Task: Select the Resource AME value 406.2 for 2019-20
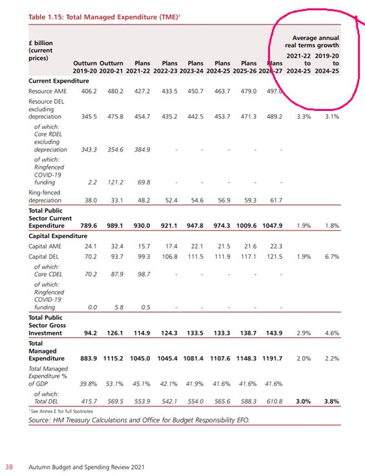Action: coord(89,91)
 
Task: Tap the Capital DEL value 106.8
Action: coord(169,257)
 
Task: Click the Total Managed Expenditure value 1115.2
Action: coord(113,358)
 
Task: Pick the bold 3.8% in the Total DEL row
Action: coord(331,401)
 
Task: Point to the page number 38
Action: coord(9,467)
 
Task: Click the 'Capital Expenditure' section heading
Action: coord(57,236)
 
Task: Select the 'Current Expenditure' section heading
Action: coord(59,81)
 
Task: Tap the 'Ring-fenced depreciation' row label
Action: coord(45,197)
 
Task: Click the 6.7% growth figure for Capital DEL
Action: coord(332,257)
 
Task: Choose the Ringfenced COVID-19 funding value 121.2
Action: coord(115,182)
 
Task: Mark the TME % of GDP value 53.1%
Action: coord(114,384)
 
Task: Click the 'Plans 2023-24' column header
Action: coord(191,67)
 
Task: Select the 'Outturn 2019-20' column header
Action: coord(85,67)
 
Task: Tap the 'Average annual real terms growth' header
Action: coord(312,41)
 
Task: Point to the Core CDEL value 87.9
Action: coord(117,274)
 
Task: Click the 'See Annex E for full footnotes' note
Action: coord(61,412)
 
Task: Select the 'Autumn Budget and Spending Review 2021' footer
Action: coord(87,467)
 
